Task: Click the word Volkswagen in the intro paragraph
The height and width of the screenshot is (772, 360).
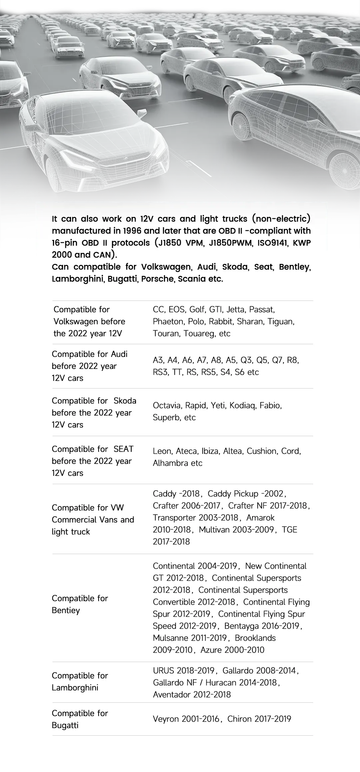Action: [x=166, y=267]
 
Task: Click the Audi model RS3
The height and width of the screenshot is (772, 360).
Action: [x=160, y=372]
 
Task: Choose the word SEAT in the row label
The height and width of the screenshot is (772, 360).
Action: [x=123, y=449]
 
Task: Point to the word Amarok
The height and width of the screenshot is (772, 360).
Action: [x=261, y=518]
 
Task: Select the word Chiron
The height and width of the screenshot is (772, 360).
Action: [x=239, y=719]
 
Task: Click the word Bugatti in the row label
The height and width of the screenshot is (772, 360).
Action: [x=65, y=725]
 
